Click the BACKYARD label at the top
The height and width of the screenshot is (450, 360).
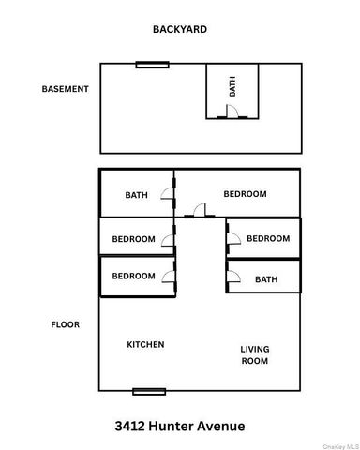[180, 30]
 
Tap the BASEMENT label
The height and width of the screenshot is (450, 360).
[65, 90]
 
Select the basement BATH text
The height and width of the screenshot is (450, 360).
[233, 87]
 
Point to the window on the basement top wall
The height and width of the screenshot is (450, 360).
[152, 65]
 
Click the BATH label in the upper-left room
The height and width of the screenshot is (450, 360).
[137, 195]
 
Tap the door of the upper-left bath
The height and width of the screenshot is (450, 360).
[166, 195]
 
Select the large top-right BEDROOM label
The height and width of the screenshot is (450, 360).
[245, 194]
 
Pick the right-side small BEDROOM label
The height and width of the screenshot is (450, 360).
[268, 239]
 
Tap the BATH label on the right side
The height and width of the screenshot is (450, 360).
[266, 279]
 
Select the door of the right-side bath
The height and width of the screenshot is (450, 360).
[233, 277]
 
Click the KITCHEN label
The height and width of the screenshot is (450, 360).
[145, 345]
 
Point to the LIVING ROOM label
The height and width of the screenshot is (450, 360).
[254, 354]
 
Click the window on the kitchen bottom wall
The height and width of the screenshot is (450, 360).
[149, 391]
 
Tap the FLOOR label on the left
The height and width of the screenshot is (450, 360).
[65, 325]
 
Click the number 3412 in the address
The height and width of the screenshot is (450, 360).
[130, 427]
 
